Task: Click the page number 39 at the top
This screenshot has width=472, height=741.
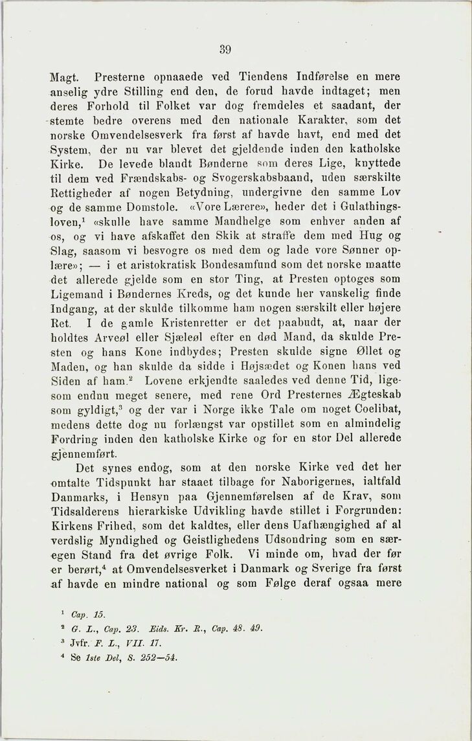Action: pyautogui.click(x=225, y=49)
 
